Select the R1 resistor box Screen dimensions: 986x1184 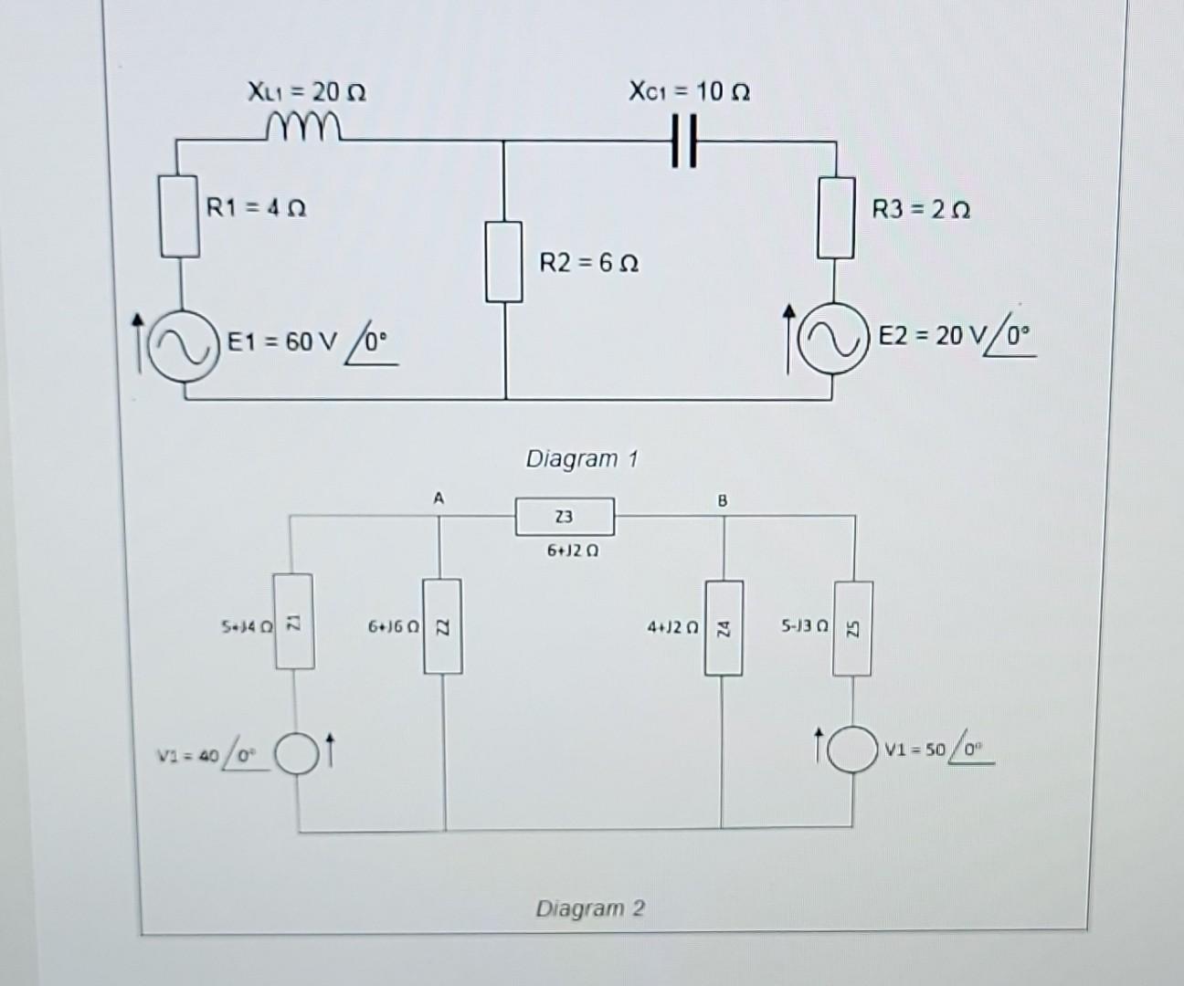pos(180,217)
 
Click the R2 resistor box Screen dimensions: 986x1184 pos(503,261)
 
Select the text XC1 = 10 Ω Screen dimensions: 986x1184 pos(689,91)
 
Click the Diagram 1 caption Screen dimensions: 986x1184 pos(581,458)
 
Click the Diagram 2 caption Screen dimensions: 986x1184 pos(589,908)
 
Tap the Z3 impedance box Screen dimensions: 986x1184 pos(565,517)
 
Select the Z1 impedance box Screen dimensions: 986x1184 pos(293,622)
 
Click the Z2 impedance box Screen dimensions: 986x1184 pos(441,625)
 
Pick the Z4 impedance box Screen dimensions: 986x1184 pos(722,627)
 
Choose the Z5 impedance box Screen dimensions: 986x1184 pos(851,628)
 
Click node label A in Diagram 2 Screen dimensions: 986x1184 pos(439,498)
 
